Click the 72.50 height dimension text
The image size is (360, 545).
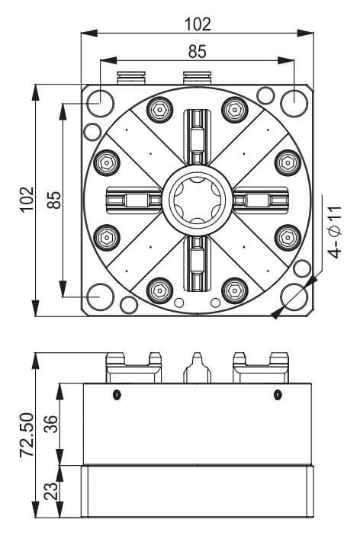[27, 434]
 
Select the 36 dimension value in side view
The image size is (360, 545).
[52, 424]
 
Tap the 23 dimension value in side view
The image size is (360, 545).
[52, 490]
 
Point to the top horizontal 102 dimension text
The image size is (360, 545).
[198, 24]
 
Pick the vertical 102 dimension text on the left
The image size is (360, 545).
[27, 199]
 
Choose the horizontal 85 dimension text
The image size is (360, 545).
[198, 51]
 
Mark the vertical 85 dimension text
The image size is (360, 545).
[54, 200]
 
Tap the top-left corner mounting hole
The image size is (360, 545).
[100, 103]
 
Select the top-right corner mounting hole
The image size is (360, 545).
[294, 103]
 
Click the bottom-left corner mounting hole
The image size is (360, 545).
[100, 297]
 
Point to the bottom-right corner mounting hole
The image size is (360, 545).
[294, 297]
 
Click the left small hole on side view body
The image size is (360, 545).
[117, 395]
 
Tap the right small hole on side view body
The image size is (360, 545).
[277, 395]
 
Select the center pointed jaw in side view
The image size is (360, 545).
[198, 367]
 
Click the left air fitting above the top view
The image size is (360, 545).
[131, 78]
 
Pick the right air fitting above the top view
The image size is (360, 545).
[197, 78]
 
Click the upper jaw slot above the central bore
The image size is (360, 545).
[198, 137]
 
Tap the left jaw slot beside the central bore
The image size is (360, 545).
[134, 200]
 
